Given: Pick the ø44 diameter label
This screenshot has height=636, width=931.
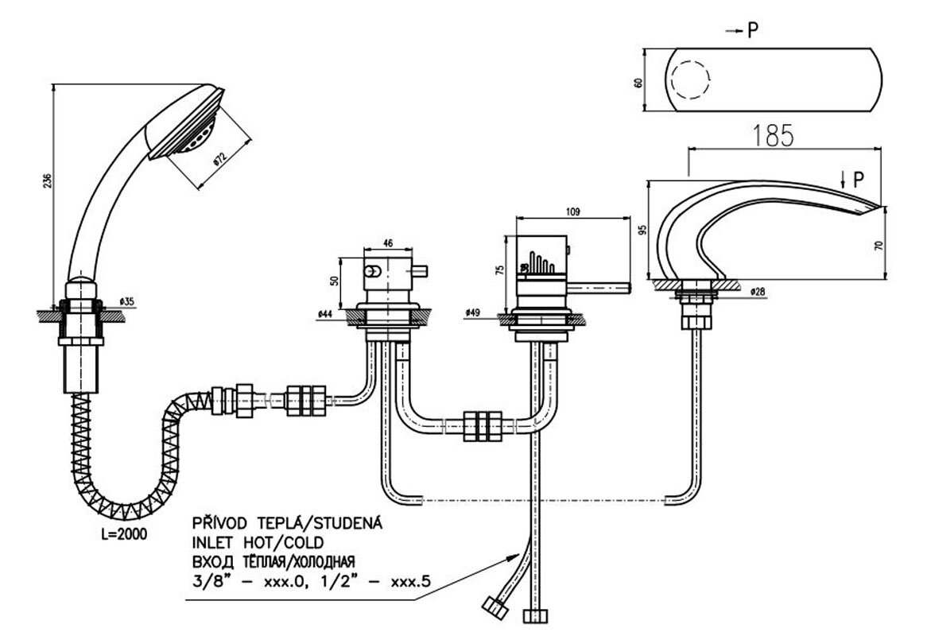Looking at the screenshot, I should click(324, 315).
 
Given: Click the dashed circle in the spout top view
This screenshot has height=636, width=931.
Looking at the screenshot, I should click(687, 81).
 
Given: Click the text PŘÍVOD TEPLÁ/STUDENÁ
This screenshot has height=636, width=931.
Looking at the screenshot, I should click(287, 523).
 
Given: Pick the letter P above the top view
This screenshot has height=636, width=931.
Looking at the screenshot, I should click(752, 30).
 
